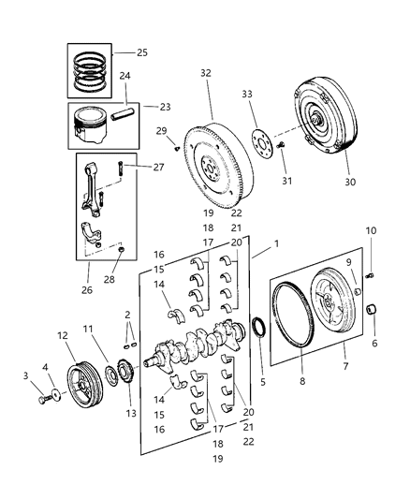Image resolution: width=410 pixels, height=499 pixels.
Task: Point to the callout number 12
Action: (x=63, y=335)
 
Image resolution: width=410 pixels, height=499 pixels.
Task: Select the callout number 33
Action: (x=247, y=94)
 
